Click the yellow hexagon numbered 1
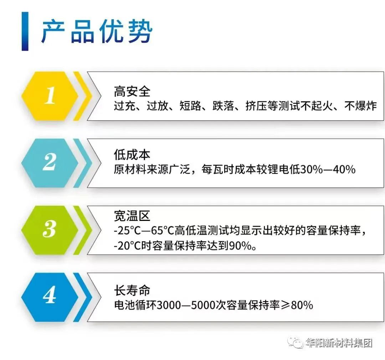(x=50, y=96)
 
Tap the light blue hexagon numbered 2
(x=50, y=163)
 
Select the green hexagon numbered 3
(x=50, y=230)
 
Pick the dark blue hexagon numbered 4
(x=50, y=297)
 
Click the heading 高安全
(x=132, y=91)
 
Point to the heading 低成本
(x=132, y=154)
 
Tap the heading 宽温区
(x=132, y=216)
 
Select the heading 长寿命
(x=132, y=290)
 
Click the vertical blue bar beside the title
(x=25, y=31)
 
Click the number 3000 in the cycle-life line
(x=168, y=305)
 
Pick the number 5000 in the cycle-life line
(x=203, y=305)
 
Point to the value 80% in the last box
(x=302, y=305)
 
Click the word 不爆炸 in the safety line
(x=361, y=106)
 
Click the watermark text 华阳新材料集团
(x=339, y=343)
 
